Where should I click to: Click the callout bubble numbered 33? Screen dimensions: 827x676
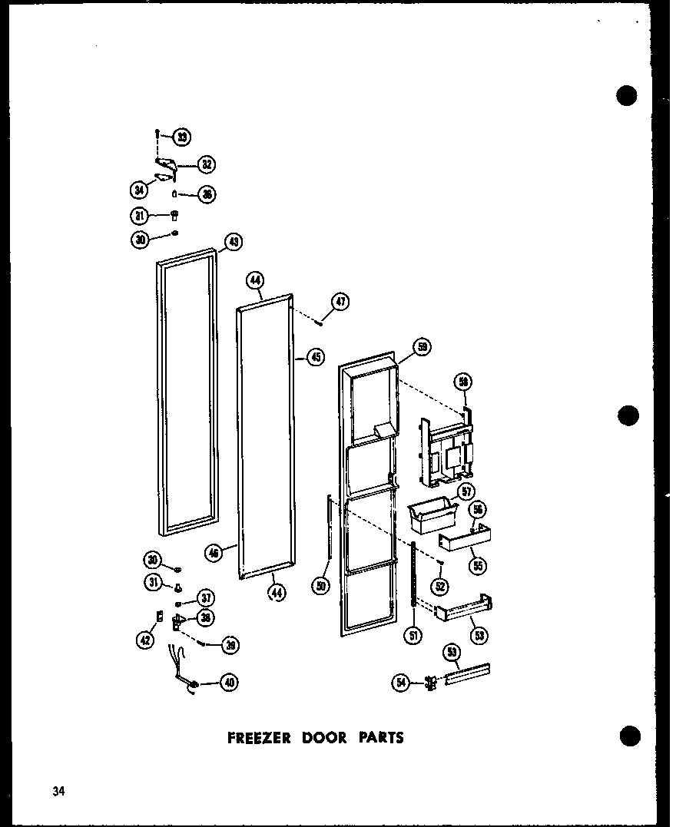click(182, 137)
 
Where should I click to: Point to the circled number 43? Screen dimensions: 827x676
click(232, 243)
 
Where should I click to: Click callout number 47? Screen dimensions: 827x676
click(340, 302)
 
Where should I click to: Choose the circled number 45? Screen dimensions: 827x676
click(314, 356)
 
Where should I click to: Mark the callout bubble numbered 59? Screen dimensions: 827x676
click(422, 348)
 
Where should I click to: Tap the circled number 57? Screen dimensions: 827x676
click(465, 491)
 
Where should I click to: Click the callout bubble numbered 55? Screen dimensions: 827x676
click(479, 565)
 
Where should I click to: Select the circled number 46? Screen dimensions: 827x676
click(214, 551)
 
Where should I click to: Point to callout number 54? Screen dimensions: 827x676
click(401, 682)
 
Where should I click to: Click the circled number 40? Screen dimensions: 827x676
click(228, 681)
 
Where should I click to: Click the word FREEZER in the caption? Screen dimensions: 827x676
click(259, 738)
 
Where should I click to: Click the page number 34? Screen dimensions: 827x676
click(58, 792)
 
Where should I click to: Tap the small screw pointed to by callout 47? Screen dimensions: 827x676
click(318, 322)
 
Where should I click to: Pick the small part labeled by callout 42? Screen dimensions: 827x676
click(159, 616)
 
